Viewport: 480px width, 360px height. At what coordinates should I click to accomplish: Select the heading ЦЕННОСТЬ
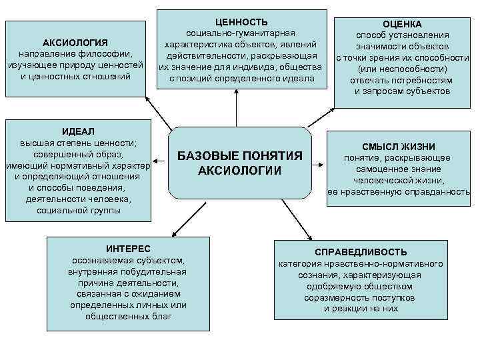pos(241,22)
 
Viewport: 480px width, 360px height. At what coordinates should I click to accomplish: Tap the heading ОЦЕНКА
pos(401,23)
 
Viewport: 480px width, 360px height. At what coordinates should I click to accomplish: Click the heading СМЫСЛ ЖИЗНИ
pos(399,147)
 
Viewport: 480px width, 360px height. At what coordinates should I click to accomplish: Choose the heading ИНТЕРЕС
pos(128,248)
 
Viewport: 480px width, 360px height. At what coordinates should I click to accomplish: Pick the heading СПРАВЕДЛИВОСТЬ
pos(361,252)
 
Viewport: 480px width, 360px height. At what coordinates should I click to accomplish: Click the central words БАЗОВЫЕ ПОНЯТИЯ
pos(240,156)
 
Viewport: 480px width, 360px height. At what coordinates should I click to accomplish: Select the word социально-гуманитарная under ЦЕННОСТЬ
pos(241,33)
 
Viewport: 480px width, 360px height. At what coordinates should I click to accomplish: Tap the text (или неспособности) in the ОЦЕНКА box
pos(401,69)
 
